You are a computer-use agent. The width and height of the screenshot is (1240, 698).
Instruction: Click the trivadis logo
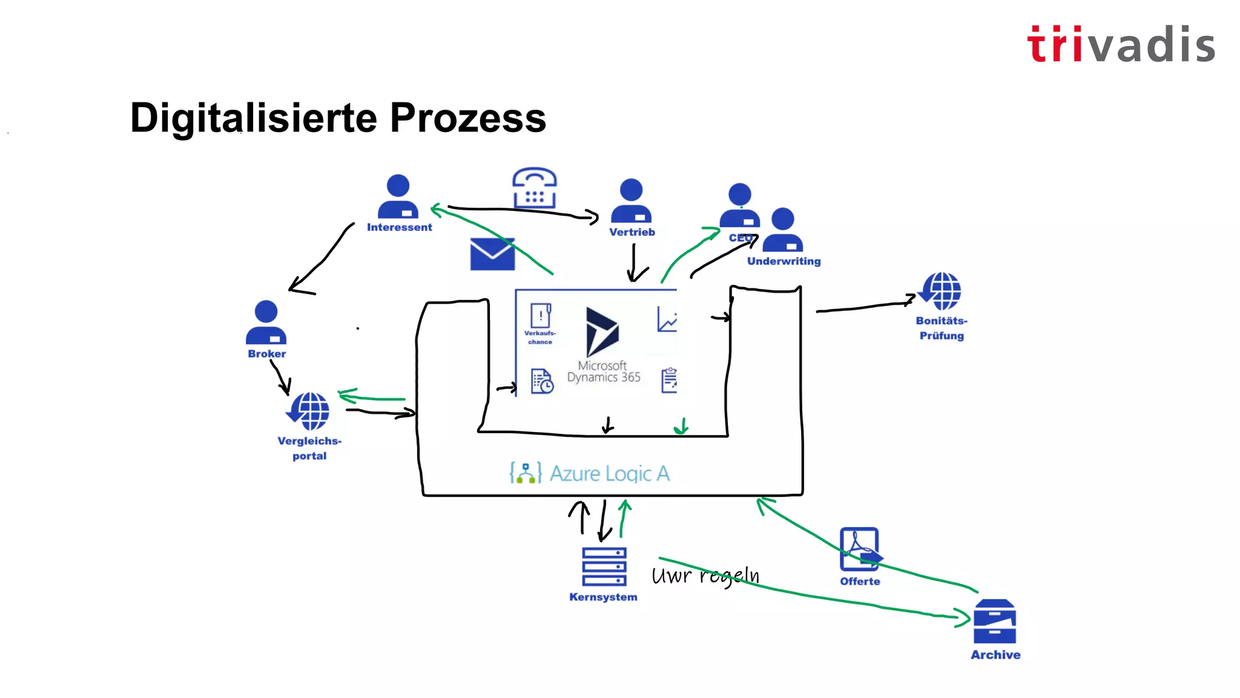click(x=1121, y=44)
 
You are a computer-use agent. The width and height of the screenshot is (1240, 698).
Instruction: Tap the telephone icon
click(x=534, y=188)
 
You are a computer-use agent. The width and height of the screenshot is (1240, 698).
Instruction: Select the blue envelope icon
click(x=492, y=254)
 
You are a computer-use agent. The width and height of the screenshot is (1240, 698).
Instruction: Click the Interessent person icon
click(x=398, y=196)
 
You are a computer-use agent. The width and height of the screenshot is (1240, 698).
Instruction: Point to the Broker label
click(x=266, y=354)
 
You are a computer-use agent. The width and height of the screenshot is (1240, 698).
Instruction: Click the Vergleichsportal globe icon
click(x=309, y=411)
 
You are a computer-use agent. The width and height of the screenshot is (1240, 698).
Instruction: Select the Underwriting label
click(x=783, y=261)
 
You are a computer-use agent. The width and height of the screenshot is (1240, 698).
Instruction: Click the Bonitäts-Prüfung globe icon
click(x=940, y=291)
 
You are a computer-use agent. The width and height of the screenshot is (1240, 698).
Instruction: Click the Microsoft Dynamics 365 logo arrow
click(x=601, y=331)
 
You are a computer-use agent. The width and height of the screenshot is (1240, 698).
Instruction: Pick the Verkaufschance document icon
click(x=540, y=316)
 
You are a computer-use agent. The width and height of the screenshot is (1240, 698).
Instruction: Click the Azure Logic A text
click(x=609, y=473)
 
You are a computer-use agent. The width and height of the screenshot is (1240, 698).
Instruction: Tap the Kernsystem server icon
click(x=604, y=567)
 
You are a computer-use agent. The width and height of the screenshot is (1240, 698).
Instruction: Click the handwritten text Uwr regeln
click(x=705, y=576)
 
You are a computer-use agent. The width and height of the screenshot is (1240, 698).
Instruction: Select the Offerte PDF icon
click(x=860, y=549)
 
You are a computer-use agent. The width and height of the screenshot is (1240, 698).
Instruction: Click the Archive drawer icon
click(x=994, y=622)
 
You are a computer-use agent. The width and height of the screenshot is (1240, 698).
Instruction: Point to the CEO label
click(x=740, y=238)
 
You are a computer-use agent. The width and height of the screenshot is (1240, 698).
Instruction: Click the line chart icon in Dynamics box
click(x=667, y=319)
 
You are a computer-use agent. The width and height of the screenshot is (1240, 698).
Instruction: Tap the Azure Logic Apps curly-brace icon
click(x=525, y=473)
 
